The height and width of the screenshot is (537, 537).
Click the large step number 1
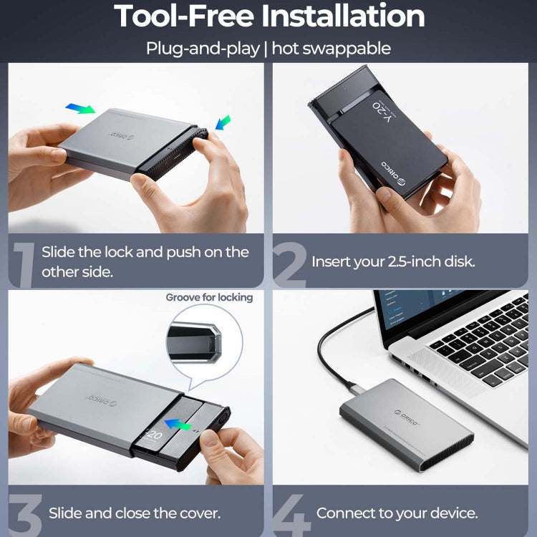[23, 263]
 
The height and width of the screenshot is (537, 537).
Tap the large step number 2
[289, 263]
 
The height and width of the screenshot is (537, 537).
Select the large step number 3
[24, 511]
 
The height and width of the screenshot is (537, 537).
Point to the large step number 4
[292, 511]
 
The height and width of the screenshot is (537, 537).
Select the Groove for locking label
[209, 296]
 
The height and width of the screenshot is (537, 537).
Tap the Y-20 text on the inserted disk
[384, 110]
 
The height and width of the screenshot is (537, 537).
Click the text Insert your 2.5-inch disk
[393, 261]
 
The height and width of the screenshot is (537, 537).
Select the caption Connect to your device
[397, 513]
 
